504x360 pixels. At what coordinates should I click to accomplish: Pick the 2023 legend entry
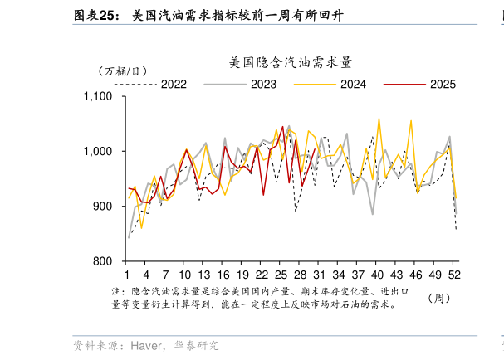click(263, 84)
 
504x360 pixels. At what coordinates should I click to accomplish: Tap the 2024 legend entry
click(354, 84)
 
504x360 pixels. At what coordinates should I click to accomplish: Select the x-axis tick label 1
click(127, 275)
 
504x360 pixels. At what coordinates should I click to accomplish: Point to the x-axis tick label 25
click(281, 275)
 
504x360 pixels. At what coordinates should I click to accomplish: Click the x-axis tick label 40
click(377, 275)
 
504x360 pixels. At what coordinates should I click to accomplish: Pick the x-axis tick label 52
click(454, 275)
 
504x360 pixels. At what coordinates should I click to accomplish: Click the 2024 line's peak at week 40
click(379, 119)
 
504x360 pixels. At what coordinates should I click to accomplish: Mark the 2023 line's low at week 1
click(128, 237)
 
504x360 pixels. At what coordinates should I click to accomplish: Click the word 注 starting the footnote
click(115, 292)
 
